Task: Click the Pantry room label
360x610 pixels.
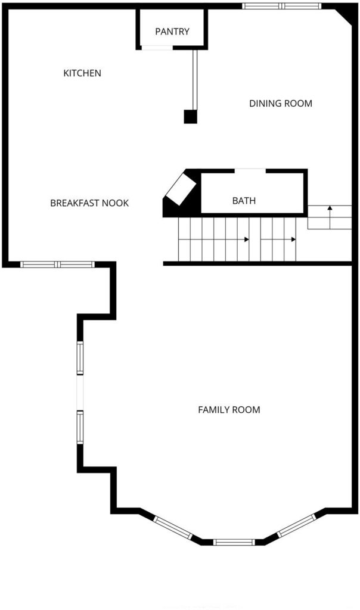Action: tap(172, 32)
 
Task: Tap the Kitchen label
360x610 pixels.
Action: tap(82, 73)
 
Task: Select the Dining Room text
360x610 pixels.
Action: tap(281, 104)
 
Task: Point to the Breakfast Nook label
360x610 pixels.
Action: tap(89, 203)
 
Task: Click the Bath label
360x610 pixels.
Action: tap(244, 201)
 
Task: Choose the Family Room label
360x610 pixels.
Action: tap(229, 410)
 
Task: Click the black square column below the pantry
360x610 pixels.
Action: tap(190, 117)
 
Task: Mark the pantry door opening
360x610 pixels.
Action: tap(157, 48)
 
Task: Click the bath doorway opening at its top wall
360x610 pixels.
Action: tap(250, 170)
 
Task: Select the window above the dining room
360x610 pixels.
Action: tap(282, 6)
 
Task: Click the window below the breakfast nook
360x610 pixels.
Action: tap(58, 264)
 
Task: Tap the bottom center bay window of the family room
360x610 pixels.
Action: tap(234, 542)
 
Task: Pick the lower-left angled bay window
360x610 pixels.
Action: tap(173, 528)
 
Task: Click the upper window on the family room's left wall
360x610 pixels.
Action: tap(80, 358)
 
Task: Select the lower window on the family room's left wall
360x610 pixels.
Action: tap(80, 427)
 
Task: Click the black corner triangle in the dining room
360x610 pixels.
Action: tap(346, 15)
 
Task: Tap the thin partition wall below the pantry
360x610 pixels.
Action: tap(195, 80)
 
